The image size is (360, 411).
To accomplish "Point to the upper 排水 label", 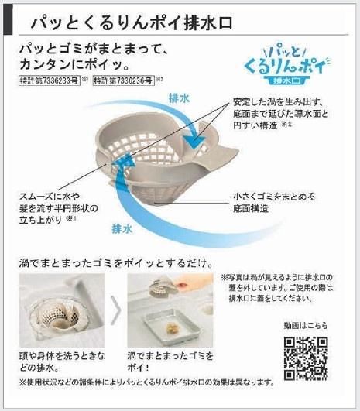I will point(180,98).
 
